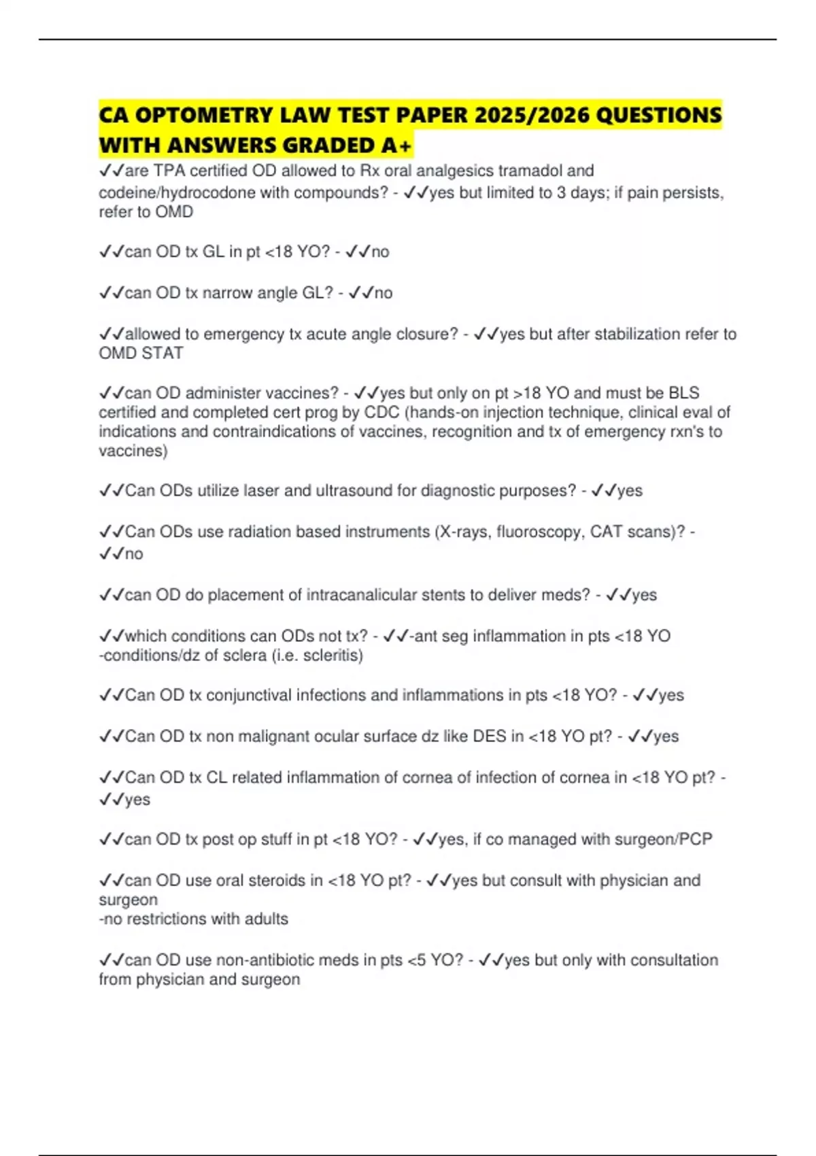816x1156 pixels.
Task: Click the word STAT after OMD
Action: click(163, 354)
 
